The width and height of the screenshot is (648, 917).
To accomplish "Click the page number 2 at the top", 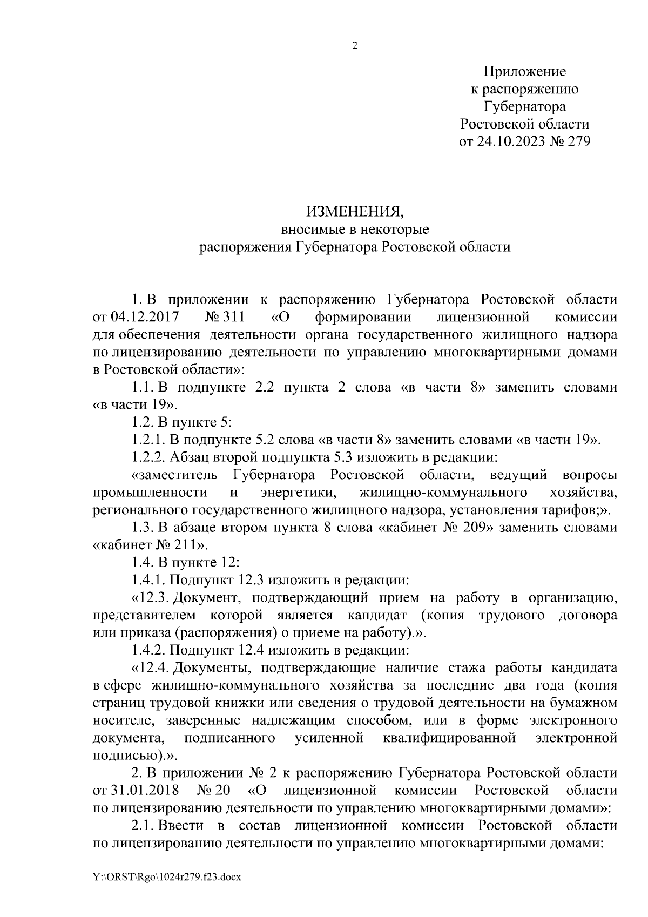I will tap(355, 46).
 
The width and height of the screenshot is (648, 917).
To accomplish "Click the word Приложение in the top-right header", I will tap(524, 71).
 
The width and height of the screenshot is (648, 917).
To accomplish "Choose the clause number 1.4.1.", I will tap(149, 581).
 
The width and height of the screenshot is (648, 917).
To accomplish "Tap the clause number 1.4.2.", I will tap(149, 650).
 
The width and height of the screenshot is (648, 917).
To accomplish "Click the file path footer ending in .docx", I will tap(166, 878).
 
